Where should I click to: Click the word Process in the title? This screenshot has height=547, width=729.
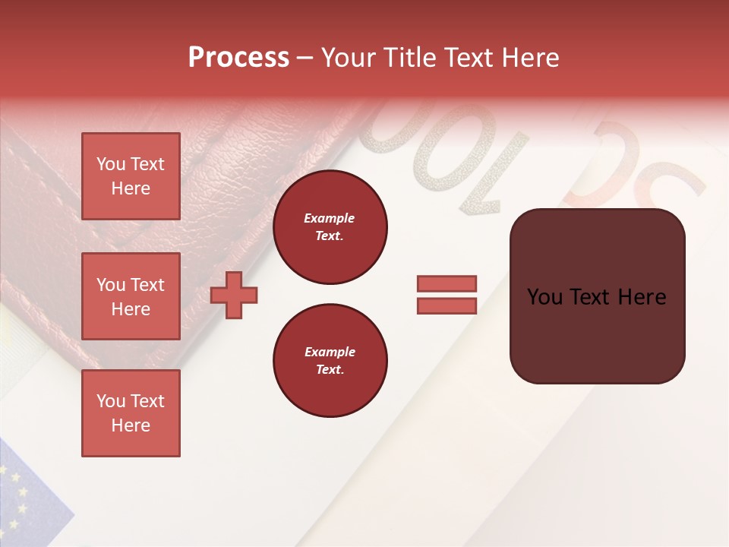tap(238, 58)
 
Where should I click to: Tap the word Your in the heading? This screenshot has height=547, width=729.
tap(349, 58)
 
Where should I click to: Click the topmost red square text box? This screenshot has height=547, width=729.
tap(131, 176)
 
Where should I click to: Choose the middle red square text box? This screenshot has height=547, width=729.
tap(131, 296)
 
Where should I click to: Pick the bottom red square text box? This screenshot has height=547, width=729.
tap(131, 413)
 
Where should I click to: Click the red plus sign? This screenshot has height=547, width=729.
tap(234, 295)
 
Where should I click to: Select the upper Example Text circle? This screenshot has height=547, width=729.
tap(330, 227)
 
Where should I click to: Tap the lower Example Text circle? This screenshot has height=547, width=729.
tap(330, 361)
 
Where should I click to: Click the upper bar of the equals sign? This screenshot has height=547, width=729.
tap(447, 283)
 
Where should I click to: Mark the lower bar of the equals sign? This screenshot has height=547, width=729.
tap(447, 305)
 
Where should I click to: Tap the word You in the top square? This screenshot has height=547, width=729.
tap(110, 164)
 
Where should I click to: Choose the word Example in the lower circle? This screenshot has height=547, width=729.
tap(330, 352)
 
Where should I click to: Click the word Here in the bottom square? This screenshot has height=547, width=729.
tap(131, 425)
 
